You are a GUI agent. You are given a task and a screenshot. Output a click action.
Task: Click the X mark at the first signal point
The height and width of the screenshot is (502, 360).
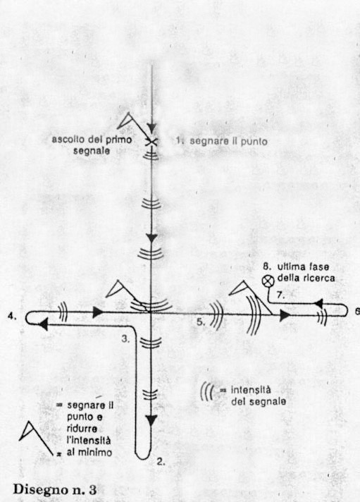(x=151, y=142)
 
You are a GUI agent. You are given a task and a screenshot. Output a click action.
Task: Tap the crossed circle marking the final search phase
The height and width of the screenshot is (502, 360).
(x=267, y=281)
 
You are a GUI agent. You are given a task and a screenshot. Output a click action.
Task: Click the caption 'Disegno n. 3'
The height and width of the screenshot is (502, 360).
(x=55, y=489)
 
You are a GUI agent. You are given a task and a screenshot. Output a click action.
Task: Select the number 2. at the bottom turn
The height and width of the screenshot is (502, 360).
(x=161, y=461)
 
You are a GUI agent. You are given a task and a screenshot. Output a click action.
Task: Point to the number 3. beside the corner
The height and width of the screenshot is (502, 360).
(x=126, y=339)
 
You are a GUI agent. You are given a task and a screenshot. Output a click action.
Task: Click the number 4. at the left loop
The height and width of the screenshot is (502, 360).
(x=12, y=317)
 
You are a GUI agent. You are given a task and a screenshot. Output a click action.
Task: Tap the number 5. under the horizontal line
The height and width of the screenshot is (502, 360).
(x=201, y=322)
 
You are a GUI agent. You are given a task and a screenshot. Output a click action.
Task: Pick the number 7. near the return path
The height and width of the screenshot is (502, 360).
(x=280, y=295)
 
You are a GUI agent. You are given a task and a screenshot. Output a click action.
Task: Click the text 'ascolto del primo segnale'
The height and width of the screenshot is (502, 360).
(x=92, y=145)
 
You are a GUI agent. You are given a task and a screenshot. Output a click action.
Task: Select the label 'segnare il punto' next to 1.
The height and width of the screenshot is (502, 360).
(x=228, y=141)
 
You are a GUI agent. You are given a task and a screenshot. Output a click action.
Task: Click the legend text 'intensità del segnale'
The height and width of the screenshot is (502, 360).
(x=259, y=396)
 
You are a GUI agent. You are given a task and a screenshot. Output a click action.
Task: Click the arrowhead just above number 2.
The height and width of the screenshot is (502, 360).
(x=151, y=420)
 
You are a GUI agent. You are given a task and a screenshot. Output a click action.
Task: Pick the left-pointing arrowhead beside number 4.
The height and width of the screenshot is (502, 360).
(x=43, y=324)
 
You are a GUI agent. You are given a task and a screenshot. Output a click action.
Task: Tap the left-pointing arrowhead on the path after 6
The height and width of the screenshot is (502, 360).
(x=318, y=303)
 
